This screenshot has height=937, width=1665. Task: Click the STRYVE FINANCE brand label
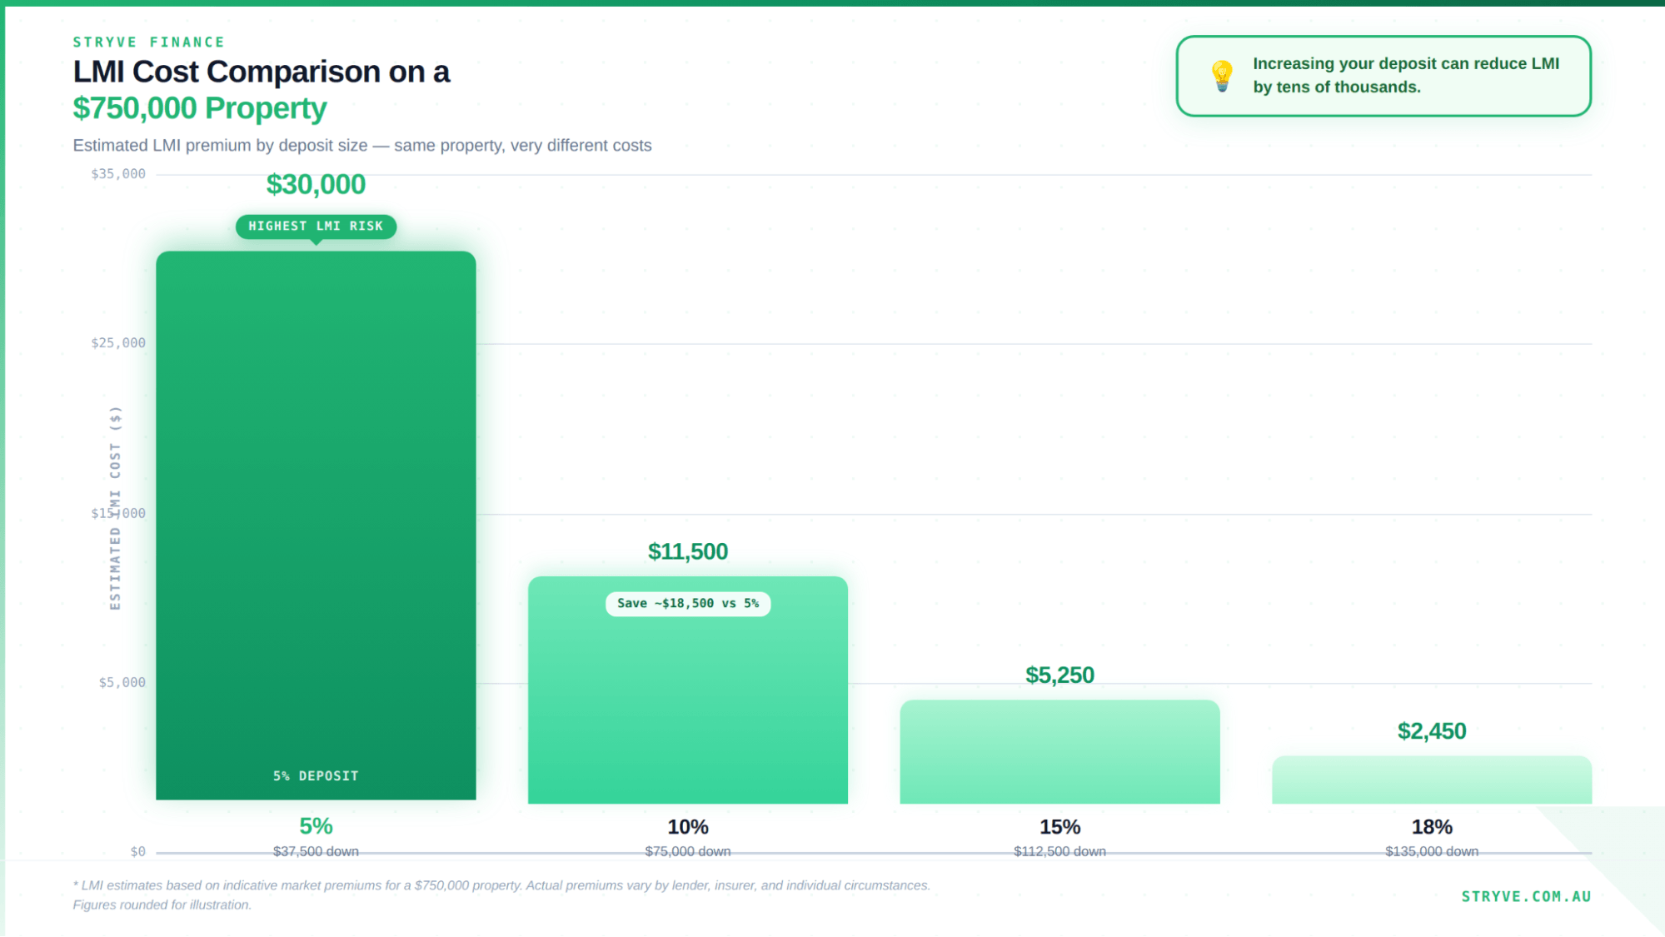pyautogui.click(x=148, y=42)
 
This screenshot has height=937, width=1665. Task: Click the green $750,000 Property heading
pyautogui.click(x=200, y=108)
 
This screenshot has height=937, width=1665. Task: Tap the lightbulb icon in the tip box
pyautogui.click(x=1221, y=76)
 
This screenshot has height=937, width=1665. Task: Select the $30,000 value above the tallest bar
pyautogui.click(x=316, y=184)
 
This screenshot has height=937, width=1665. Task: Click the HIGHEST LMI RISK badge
pyautogui.click(x=316, y=226)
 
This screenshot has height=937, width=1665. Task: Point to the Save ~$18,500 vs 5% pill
pyautogui.click(x=688, y=603)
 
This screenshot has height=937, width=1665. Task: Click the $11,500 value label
pyautogui.click(x=688, y=551)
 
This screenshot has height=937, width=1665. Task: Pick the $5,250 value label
pyautogui.click(x=1059, y=675)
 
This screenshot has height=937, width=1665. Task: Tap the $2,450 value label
pyautogui.click(x=1431, y=730)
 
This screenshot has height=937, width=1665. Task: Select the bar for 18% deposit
pyautogui.click(x=1431, y=780)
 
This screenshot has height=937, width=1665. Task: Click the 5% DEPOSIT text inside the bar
pyautogui.click(x=316, y=775)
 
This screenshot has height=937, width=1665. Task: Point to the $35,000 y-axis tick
pyautogui.click(x=118, y=174)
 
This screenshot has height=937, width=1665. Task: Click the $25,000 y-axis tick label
pyautogui.click(x=118, y=343)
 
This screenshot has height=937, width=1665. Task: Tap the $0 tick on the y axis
pyautogui.click(x=137, y=851)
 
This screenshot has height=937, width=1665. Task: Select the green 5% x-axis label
pyautogui.click(x=316, y=826)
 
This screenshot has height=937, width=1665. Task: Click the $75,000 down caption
pyautogui.click(x=688, y=851)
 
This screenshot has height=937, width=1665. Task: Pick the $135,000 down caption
pyautogui.click(x=1431, y=851)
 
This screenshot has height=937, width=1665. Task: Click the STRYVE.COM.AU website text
pyautogui.click(x=1526, y=896)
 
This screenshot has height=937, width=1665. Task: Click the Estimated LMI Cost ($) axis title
pyautogui.click(x=115, y=508)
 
